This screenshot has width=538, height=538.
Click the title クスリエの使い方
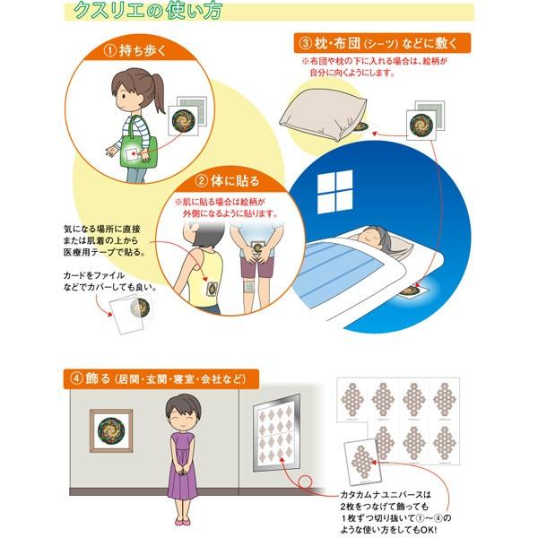pos(148,10)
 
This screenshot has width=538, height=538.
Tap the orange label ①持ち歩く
pos(135,50)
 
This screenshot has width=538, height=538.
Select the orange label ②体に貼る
pos(228,181)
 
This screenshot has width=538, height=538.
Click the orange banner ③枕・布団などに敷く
pos(382,43)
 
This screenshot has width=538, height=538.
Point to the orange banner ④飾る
pos(161,378)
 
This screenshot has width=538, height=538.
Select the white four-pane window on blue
pos(334,191)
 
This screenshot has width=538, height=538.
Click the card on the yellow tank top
pos(211,289)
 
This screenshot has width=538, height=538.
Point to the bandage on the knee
pos(249,286)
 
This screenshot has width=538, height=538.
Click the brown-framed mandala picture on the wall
pos(111,430)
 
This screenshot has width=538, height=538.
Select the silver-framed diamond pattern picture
pos(276,433)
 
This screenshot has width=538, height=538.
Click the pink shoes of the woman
pos(183,521)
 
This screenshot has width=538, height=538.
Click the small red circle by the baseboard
pos(305,482)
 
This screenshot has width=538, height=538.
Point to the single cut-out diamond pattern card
pos(362,461)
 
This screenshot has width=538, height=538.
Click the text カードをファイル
pos(93,275)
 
